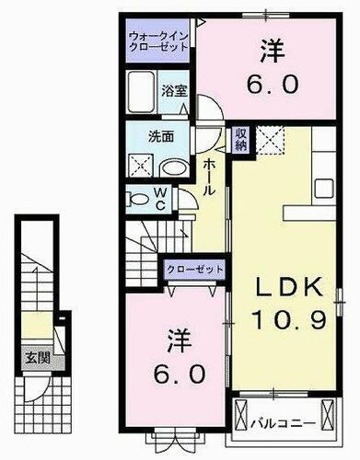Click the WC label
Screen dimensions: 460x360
[x=160, y=199]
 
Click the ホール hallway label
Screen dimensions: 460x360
[x=209, y=175]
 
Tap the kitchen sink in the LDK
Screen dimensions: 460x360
[x=327, y=188]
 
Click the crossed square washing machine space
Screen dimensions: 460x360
[x=141, y=168]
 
